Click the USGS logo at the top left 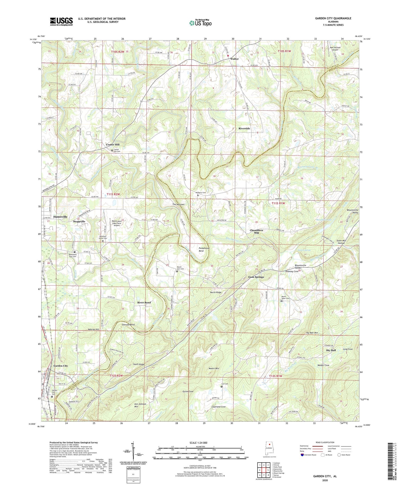click(x=61, y=21)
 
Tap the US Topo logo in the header click(x=200, y=23)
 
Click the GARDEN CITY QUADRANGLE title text click(x=333, y=18)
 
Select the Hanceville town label click(x=61, y=217)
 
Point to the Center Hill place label click(x=112, y=145)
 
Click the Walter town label click(x=234, y=59)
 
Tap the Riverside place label click(x=244, y=129)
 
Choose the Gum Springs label click(x=256, y=277)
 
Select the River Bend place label click(x=144, y=303)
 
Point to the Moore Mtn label click(x=214, y=369)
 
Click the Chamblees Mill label click(x=256, y=232)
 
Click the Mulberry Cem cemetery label click(x=200, y=193)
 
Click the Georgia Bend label click(x=128, y=325)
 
